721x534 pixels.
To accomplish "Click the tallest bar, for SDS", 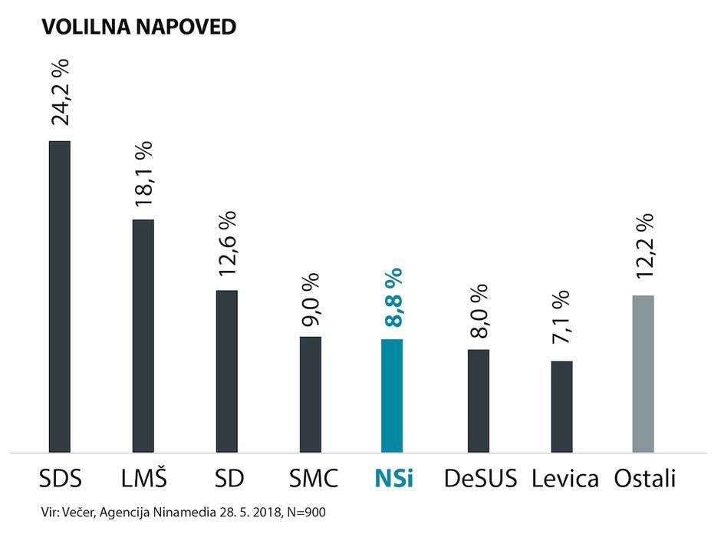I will coord(60,297).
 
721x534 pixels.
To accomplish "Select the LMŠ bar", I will coord(143,336).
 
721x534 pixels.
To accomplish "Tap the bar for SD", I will coord(227,371).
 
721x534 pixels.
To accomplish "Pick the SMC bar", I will coord(311,394).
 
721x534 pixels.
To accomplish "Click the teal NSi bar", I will coord(391,396).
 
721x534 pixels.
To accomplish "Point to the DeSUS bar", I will coord(479,401).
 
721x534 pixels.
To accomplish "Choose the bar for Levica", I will coord(562,407).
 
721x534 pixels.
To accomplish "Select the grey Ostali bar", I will coord(643,374).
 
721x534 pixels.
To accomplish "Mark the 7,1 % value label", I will coord(561,318).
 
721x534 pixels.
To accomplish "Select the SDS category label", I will coord(60,479).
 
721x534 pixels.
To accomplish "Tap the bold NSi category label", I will coord(394,479).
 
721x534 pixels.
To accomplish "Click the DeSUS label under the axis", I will coord(480,479).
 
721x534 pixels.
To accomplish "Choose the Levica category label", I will coord(565,479).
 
